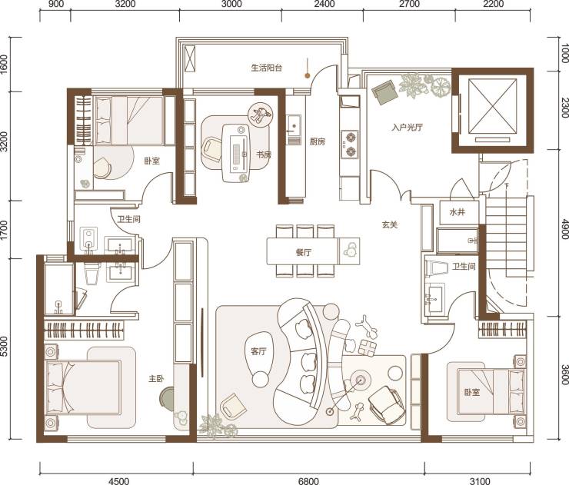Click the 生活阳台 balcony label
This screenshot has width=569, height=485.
pos(267,68)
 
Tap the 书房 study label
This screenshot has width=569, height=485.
pos(264,155)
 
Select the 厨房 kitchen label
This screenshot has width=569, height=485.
pos(318,141)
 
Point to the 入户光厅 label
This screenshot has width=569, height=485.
pos(408,128)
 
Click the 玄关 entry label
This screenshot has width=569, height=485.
pos(390,225)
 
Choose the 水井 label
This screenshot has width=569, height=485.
pos(457,212)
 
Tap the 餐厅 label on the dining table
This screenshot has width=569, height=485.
pos(304,252)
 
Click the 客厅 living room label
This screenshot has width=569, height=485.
pos(258,351)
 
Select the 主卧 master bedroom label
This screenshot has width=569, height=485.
pos(156,379)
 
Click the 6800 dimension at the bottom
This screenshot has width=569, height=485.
pos(308,481)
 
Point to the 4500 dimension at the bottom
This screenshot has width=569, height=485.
pos(118,481)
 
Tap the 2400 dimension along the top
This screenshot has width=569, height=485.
pos(324,4)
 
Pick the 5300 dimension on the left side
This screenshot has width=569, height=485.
pos(4,347)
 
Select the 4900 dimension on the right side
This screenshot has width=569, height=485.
pos(564,229)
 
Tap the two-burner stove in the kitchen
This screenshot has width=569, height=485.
pos(350,145)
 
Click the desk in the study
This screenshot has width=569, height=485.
pos(236,153)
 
